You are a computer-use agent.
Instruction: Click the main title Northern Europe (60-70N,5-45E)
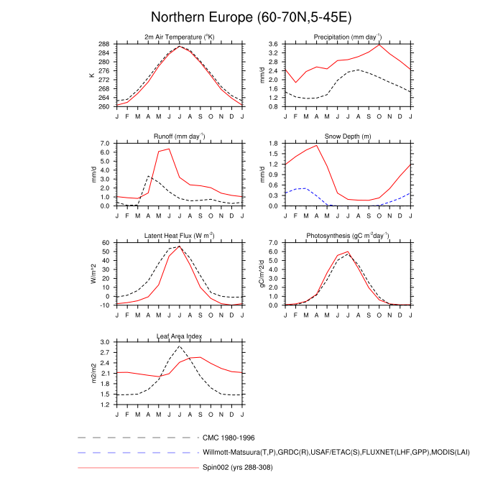point(251,17)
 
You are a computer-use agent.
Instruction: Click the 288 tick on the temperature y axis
point(105,44)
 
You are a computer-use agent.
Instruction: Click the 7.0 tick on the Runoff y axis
point(104,143)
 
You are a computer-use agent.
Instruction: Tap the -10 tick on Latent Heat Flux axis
point(105,305)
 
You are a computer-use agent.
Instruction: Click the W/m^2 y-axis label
point(93,274)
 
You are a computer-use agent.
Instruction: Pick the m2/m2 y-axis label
point(93,373)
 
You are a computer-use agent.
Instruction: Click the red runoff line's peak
point(169,149)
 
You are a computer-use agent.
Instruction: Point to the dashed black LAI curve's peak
point(179,346)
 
